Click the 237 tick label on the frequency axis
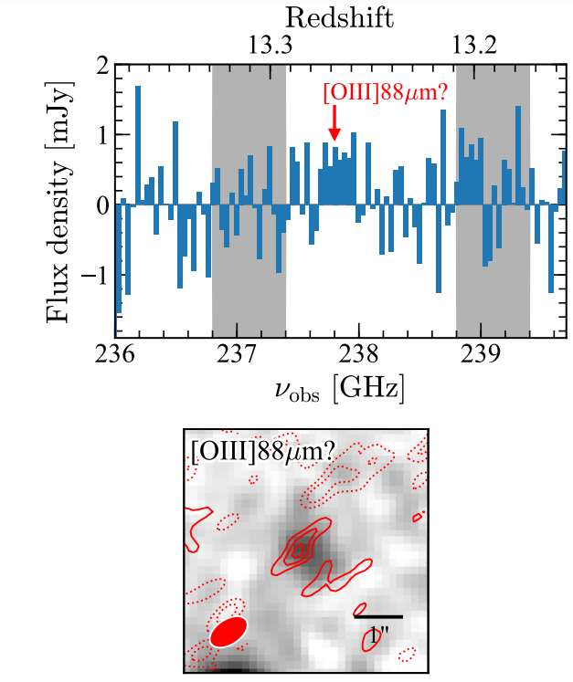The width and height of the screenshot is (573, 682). coord(237,356)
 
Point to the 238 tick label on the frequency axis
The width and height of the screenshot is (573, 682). coord(359,356)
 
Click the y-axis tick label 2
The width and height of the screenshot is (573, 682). coord(102,67)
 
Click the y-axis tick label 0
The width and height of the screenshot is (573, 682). coord(102,205)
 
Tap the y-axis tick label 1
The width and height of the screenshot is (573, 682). coord(102,136)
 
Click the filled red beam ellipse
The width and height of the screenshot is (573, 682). coord(228,631)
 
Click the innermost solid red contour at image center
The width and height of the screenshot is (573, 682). coord(298,551)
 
